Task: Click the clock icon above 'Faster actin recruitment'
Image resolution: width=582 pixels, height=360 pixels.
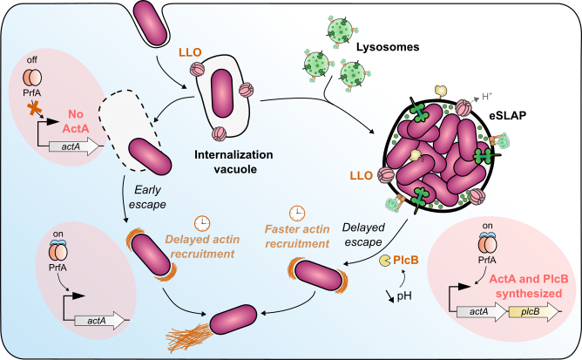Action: [x=297, y=212]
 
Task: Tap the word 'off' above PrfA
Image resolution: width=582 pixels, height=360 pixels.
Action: [x=30, y=58]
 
